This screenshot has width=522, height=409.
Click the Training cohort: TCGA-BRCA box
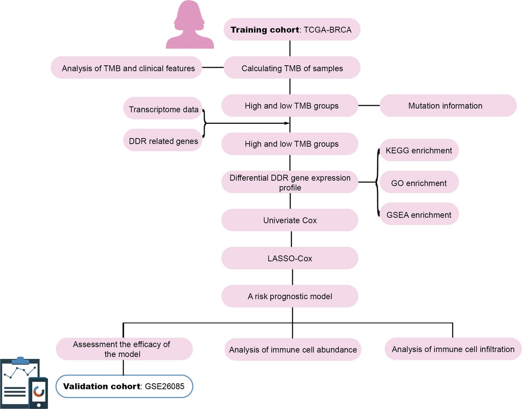[x=290, y=30]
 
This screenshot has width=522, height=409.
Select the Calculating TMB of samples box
[x=292, y=68]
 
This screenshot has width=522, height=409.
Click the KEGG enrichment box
[x=419, y=151]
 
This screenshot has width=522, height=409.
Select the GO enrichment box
[x=419, y=183]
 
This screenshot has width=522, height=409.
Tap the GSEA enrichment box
[x=419, y=215]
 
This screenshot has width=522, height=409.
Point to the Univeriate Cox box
[x=290, y=220]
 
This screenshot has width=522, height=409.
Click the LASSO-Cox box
[x=290, y=258]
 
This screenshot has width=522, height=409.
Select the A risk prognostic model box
[x=290, y=297]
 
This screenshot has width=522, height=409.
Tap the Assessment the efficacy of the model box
[x=125, y=349]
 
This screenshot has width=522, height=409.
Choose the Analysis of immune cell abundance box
[x=293, y=349]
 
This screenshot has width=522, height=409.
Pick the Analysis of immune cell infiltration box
[x=453, y=349]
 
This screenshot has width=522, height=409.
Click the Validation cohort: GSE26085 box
[x=125, y=386]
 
